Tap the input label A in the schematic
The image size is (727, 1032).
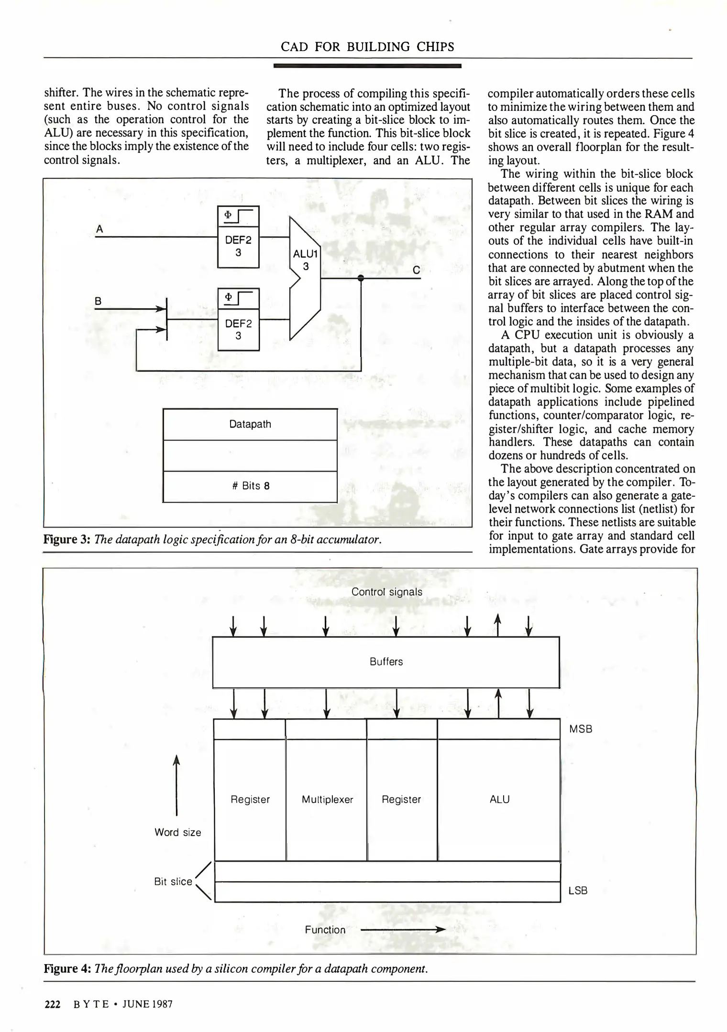99,229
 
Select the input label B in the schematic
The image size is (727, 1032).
98,301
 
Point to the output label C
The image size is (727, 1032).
416,270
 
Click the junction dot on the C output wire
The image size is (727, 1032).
361,278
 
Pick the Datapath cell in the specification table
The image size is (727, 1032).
250,424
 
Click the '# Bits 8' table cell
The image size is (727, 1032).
250,486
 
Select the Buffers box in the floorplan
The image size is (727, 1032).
386,662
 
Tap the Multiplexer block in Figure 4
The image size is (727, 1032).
327,800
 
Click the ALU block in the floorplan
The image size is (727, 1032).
499,800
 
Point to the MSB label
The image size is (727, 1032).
581,730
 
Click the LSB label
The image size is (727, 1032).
578,891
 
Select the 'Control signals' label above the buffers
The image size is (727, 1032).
387,592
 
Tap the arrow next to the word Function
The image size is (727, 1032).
403,930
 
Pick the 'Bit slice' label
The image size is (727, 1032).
173,881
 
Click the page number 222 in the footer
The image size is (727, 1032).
52,1004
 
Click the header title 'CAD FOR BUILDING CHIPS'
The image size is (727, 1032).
367,47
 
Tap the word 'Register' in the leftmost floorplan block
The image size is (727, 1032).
250,800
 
